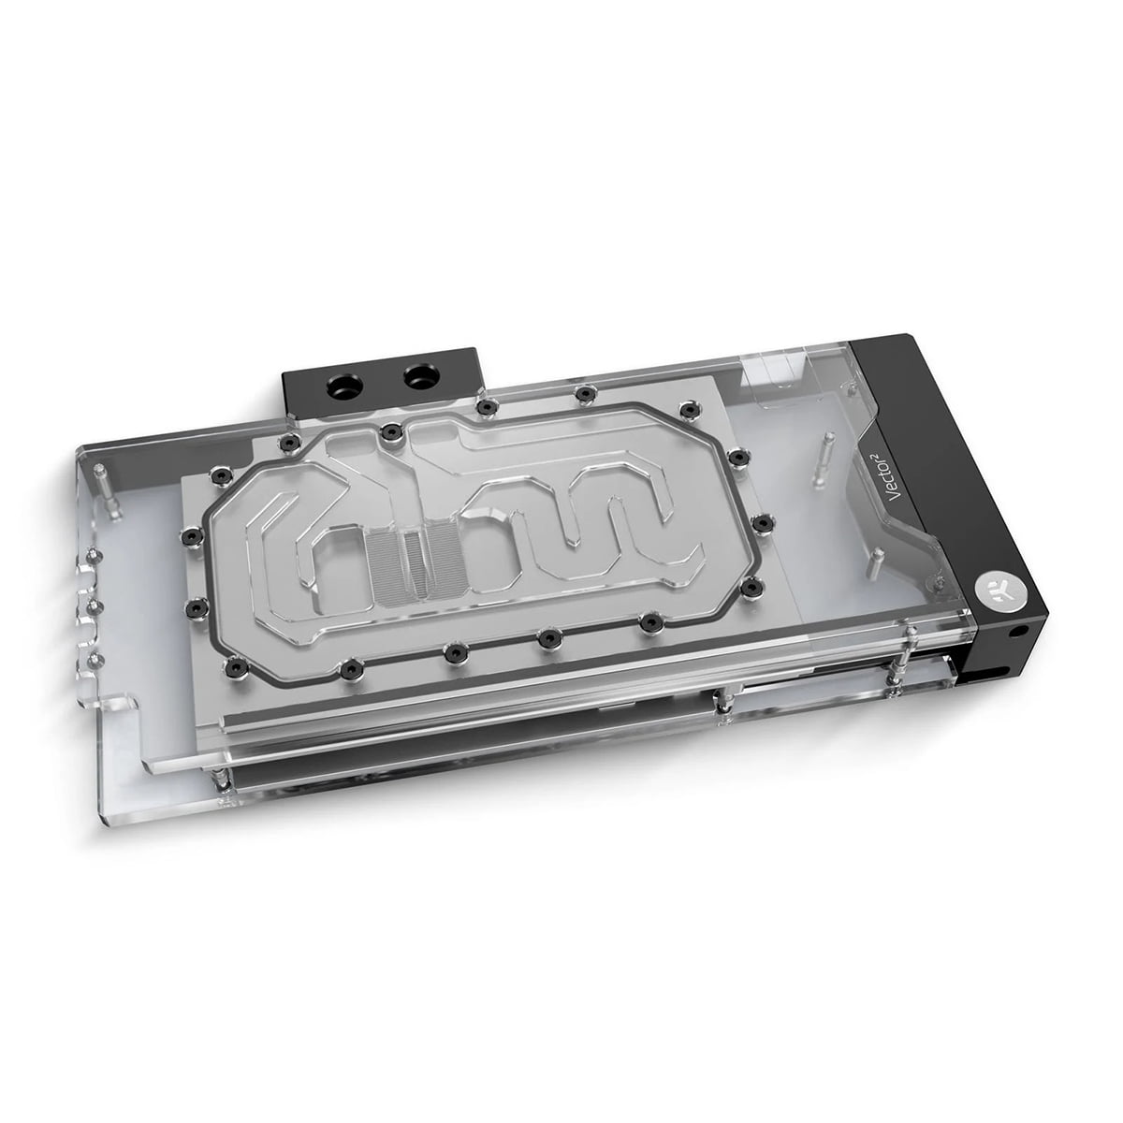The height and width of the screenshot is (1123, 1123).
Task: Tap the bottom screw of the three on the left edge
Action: click(91, 660)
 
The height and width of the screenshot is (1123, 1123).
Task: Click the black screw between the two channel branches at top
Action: click(387, 430)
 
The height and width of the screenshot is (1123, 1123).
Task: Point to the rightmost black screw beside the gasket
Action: click(765, 522)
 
